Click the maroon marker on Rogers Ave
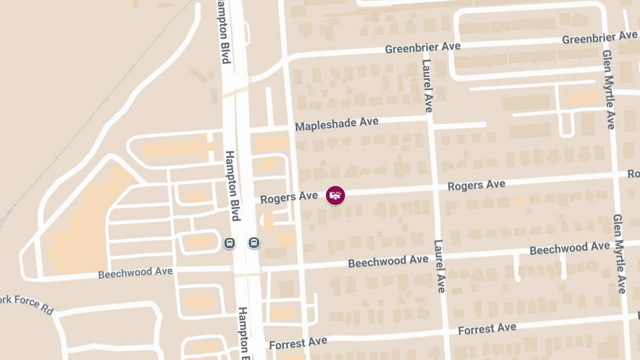pyautogui.click(x=335, y=195)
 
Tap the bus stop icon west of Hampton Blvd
pyautogui.click(x=229, y=243)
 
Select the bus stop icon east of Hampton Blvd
pyautogui.click(x=254, y=243)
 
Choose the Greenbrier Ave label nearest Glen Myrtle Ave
pyautogui.click(x=599, y=38)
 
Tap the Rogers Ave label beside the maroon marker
pyautogui.click(x=289, y=197)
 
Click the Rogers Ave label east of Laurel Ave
pyautogui.click(x=476, y=185)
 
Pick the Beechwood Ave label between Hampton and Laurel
pyautogui.click(x=388, y=261)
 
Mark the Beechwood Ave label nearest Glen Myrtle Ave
pyautogui.click(x=570, y=248)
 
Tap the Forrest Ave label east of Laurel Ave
pyautogui.click(x=487, y=329)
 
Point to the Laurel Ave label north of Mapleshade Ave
pyautogui.click(x=427, y=85)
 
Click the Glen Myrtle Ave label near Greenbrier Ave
pyautogui.click(x=609, y=90)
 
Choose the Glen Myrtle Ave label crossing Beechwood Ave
pyautogui.click(x=619, y=254)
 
